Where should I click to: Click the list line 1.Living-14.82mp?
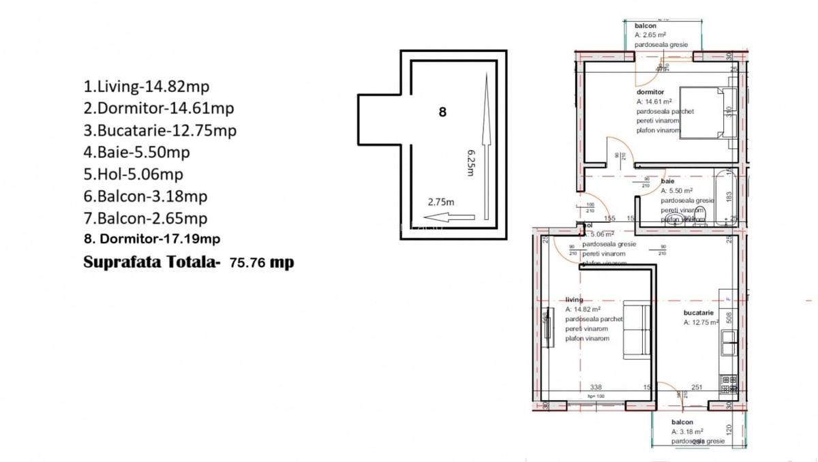pyautogui.click(x=146, y=87)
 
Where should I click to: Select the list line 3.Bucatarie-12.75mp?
pyautogui.click(x=160, y=130)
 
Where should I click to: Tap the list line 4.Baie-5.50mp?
pyautogui.click(x=136, y=152)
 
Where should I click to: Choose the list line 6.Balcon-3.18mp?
pyautogui.click(x=145, y=196)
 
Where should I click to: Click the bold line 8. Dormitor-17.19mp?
pyautogui.click(x=151, y=239)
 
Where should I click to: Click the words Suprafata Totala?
pyautogui.click(x=151, y=262)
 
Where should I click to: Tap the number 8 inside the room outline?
pyautogui.click(x=442, y=112)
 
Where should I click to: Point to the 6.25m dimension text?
pyautogui.click(x=470, y=163)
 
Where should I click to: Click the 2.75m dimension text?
pyautogui.click(x=441, y=202)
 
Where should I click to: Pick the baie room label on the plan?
pyautogui.click(x=667, y=182)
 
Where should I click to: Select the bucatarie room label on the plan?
pyautogui.click(x=699, y=313)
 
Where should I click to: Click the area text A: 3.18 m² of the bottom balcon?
pyautogui.click(x=687, y=431)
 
